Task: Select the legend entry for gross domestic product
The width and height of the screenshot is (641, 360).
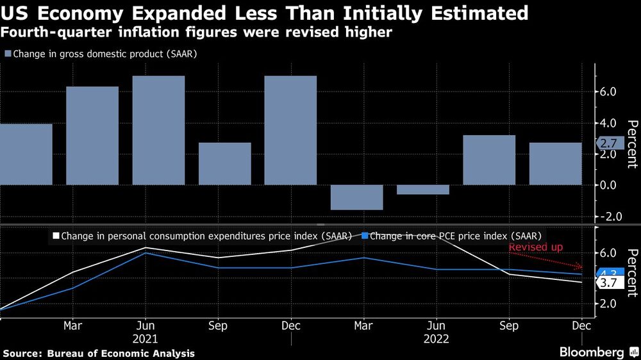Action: pos(100,54)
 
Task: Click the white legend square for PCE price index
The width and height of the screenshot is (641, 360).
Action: pos(55,236)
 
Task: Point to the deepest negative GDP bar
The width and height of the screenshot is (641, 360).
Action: pos(356,197)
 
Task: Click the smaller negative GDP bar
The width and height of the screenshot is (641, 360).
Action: pos(422,190)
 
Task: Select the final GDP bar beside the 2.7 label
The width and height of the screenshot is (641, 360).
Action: pos(555,163)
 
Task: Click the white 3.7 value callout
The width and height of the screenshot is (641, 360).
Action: pos(608,282)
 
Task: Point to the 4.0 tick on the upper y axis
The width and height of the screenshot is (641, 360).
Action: pos(608,123)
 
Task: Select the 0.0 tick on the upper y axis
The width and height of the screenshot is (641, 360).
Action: pos(608,185)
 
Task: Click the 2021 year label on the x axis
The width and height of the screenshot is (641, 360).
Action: pos(145,338)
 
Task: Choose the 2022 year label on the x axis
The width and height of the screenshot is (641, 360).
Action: pos(436,338)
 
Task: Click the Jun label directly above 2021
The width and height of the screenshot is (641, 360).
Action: pos(145,325)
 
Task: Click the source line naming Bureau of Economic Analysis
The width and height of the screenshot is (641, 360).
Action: pos(99,353)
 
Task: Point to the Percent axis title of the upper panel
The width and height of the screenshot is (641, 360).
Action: pos(631,143)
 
